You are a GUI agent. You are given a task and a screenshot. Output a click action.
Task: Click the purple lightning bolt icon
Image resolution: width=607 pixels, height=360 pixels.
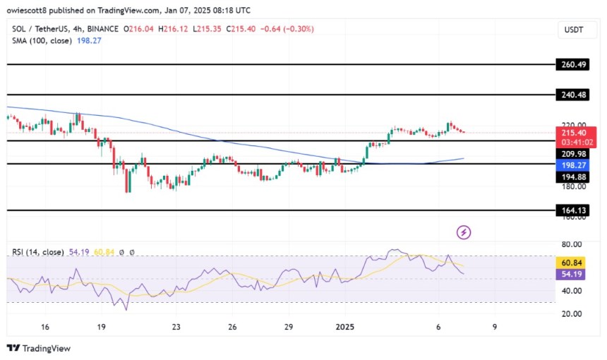click(464, 232)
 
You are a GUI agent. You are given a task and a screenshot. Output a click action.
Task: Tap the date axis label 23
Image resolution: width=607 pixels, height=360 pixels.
click(176, 328)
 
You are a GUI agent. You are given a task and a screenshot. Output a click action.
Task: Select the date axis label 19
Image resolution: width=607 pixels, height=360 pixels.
click(102, 328)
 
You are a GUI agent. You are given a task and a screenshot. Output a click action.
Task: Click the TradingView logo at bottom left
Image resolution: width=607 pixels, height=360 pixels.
click(39, 348)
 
